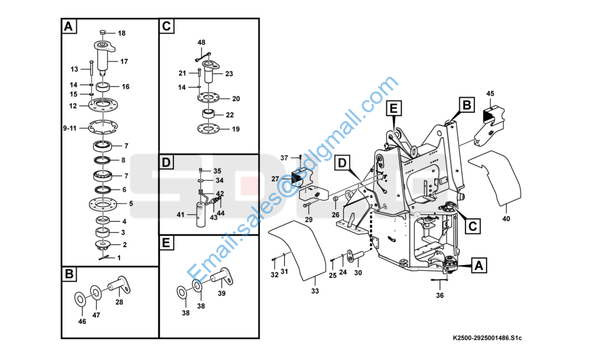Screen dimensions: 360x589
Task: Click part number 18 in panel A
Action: coord(121,33)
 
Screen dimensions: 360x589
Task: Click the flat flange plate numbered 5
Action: coord(104,203)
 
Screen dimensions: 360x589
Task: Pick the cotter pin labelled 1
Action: coord(104,257)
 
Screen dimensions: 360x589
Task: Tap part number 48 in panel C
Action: coord(201,43)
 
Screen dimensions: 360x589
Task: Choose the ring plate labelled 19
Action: coord(207,128)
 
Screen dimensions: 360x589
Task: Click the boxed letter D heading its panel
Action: coord(167,163)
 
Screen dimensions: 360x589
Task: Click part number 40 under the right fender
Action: coord(506,219)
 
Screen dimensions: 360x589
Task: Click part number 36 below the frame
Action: coord(440,295)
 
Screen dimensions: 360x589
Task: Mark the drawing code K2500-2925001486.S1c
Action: coord(488,338)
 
